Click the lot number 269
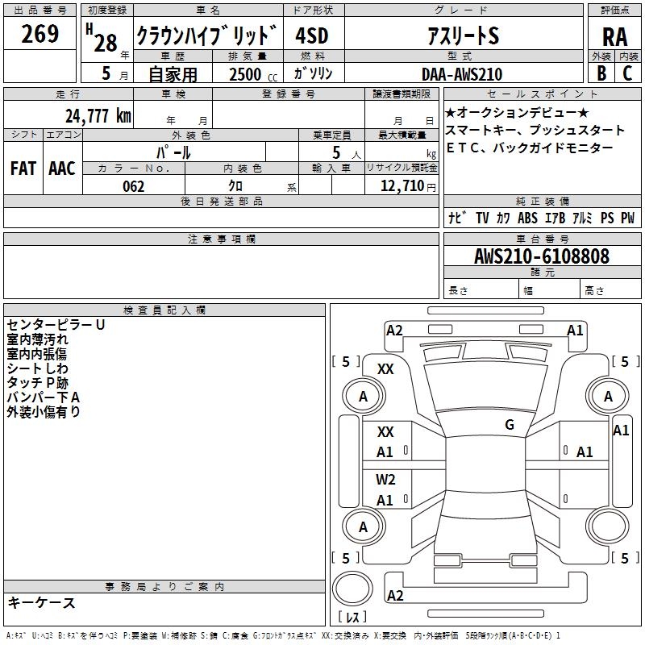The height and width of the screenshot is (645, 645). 40,35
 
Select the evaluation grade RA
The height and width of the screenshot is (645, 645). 614,35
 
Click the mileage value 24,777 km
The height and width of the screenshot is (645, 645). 98,115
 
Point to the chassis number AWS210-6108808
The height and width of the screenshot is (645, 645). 541,256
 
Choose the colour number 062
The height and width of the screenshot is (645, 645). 133,186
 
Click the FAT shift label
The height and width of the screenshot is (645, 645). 23,168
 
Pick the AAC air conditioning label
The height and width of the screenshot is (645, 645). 62,168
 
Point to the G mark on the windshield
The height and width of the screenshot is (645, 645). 510,425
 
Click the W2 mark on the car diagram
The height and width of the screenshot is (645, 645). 385,480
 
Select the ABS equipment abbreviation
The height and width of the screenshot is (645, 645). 527,218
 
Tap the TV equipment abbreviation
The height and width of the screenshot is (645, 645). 482,218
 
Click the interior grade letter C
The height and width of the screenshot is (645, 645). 627,73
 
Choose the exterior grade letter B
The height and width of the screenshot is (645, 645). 601,73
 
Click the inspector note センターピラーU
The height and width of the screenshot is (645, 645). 56,325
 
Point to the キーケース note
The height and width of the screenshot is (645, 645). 41,602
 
